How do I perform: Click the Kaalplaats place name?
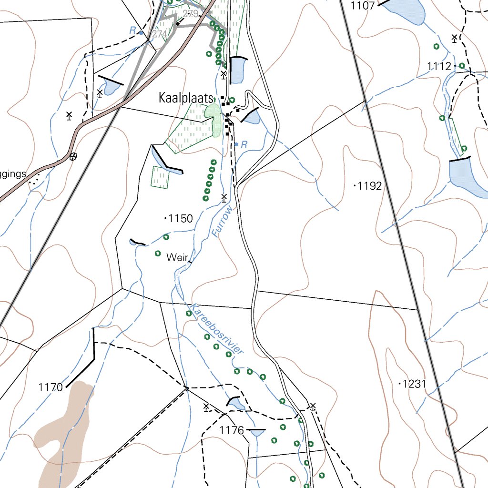[x=185, y=99]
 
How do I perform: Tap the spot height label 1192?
[x=370, y=186]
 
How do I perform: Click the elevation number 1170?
[x=51, y=387]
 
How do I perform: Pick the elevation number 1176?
[x=232, y=431]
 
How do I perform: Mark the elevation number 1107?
[x=363, y=6]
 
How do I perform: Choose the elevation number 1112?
[x=439, y=66]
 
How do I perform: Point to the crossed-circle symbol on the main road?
[x=72, y=156]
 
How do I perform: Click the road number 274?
[x=160, y=34]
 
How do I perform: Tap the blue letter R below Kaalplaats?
[x=244, y=144]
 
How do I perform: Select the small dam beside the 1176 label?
[x=237, y=404]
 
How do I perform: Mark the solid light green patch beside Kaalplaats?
[x=213, y=119]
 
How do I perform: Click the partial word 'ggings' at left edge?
[x=13, y=174]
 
